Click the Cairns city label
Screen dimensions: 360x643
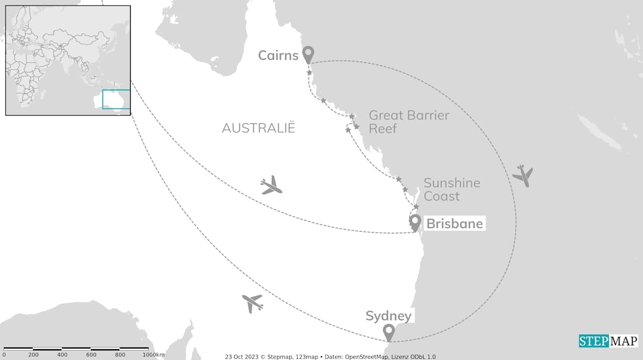point(278,55)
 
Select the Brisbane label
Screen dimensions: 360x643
point(454,223)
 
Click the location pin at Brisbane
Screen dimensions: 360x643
point(415,222)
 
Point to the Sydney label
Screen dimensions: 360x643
point(388,316)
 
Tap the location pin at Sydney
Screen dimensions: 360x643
point(388,332)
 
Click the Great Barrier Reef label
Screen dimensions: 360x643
point(409,122)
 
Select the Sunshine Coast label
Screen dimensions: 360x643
point(452,189)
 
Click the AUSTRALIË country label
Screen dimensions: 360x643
point(258,128)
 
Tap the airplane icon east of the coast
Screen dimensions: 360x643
point(523,175)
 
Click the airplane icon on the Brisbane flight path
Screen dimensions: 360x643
point(271,186)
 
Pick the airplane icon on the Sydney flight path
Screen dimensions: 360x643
point(253,303)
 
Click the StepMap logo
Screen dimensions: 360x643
point(608,341)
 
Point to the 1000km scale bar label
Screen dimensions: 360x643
point(153,355)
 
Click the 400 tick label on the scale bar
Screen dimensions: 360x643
point(62,355)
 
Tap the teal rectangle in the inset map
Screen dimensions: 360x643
point(116,99)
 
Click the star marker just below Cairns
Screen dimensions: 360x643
point(309,73)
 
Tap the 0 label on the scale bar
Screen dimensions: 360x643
point(4,355)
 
